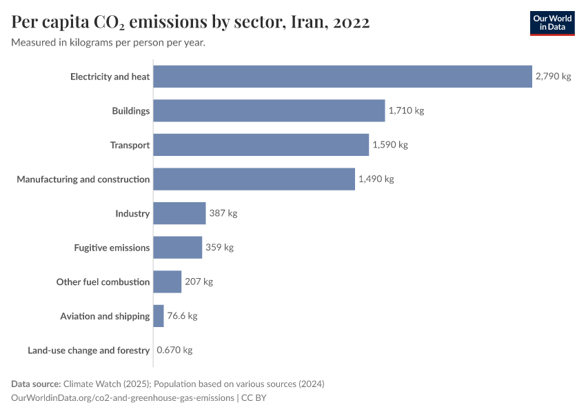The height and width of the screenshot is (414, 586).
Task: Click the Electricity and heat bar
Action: pos(342,77)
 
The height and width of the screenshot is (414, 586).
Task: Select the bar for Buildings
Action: pos(269,110)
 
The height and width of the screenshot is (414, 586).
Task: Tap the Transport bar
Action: pos(261,145)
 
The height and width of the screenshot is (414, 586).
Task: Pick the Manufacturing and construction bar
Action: pos(254,179)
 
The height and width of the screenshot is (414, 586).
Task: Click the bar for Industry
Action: pos(179,213)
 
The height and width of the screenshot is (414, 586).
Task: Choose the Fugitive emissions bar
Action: pos(177,247)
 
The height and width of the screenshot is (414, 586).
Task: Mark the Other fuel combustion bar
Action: pos(167,282)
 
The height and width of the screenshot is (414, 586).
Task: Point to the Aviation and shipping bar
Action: pos(159,316)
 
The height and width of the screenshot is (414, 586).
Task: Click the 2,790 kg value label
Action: pos(553,77)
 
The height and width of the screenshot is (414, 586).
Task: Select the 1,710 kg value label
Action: pos(406,110)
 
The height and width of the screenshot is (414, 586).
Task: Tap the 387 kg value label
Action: pos(223,213)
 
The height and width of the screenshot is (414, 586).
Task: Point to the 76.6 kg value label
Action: pos(182,316)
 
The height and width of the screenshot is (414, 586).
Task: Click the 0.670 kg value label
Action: pos(174,350)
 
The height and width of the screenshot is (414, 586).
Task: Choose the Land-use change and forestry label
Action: pos(88,351)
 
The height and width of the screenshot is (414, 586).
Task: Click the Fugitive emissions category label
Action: pos(112,248)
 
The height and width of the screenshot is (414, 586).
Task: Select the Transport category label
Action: pos(130,145)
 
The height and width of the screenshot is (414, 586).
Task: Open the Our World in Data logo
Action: pos(552,23)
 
